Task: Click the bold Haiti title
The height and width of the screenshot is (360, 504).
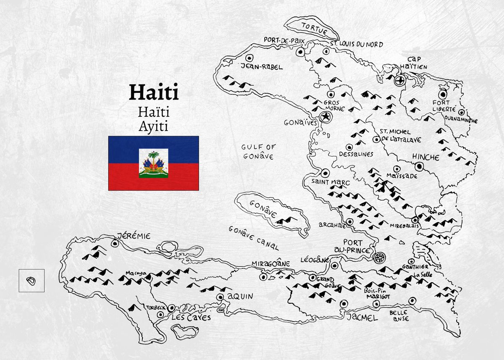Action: [x=154, y=92]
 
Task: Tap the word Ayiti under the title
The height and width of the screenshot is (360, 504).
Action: [x=154, y=126]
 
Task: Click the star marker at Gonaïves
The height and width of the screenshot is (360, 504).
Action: [x=325, y=117]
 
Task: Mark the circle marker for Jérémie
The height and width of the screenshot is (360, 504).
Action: [x=115, y=243]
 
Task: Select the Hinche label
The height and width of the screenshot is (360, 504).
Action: [x=425, y=157]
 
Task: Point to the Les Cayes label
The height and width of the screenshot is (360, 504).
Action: [x=191, y=318]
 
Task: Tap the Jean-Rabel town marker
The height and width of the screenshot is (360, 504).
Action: [x=249, y=58]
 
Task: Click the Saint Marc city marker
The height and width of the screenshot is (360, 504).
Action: [x=325, y=173]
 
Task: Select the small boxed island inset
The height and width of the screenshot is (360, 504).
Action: [x=31, y=280]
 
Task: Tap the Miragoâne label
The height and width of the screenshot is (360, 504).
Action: [x=271, y=263]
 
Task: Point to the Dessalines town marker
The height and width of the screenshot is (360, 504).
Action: [x=349, y=147]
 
